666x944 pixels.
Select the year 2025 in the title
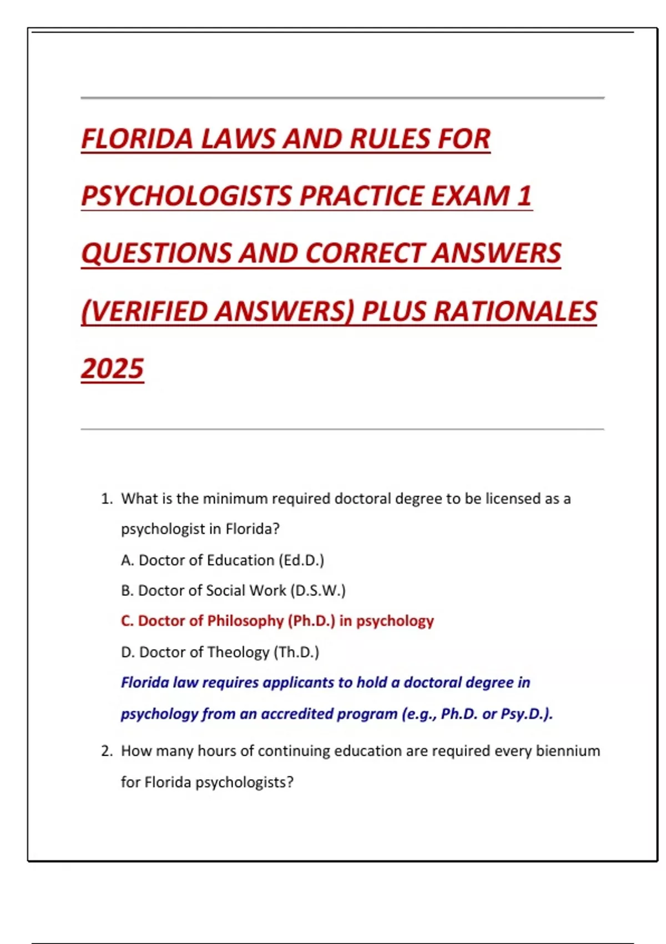click(112, 369)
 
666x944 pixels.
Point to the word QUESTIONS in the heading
click(156, 253)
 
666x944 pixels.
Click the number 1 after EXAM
click(524, 196)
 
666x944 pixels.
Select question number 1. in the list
click(107, 499)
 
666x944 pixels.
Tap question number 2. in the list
click(107, 751)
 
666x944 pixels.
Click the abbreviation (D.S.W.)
click(317, 590)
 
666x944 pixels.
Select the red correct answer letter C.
click(127, 621)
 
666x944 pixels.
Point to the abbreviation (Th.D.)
click(296, 652)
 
